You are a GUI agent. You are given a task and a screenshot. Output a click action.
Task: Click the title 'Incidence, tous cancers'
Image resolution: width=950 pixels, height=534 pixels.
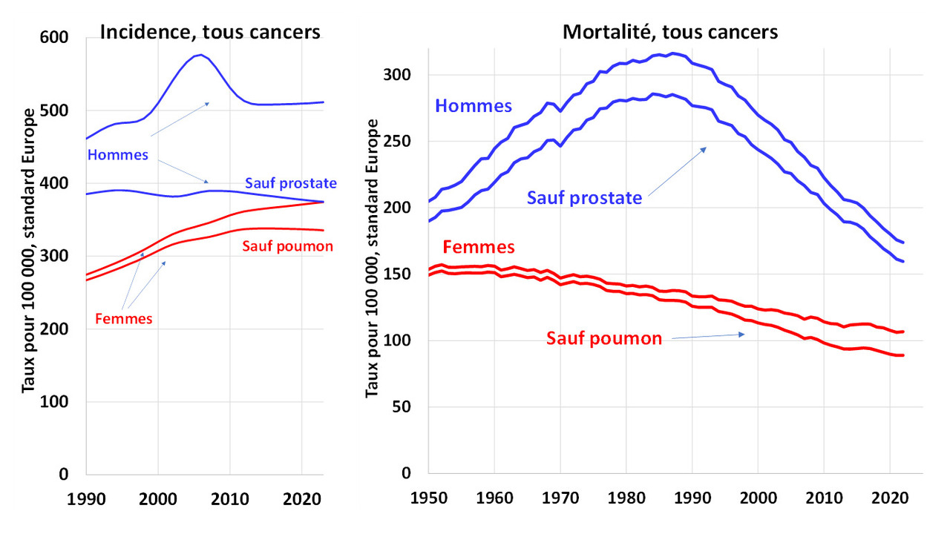click(x=209, y=32)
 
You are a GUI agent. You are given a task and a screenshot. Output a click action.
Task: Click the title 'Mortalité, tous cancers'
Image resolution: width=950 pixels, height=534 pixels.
click(x=670, y=32)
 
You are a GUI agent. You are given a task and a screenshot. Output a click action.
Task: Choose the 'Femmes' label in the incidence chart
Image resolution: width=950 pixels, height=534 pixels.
click(x=124, y=320)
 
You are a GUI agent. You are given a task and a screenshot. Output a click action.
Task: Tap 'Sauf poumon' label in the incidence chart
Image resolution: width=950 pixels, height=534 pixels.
click(x=287, y=246)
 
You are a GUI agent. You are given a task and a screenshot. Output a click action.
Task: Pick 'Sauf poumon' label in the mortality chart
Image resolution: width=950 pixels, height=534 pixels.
click(x=604, y=339)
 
